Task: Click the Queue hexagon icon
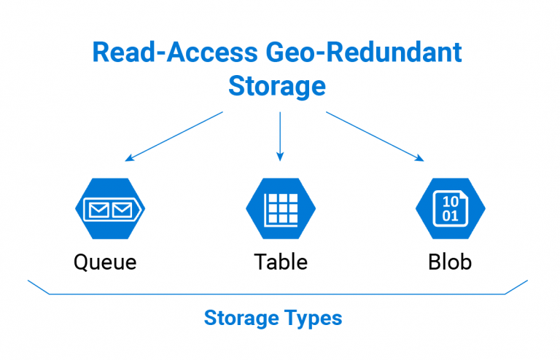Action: (110, 208)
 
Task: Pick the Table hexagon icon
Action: (280, 208)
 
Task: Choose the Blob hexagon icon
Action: (450, 208)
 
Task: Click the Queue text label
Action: (105, 262)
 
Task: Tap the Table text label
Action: (281, 262)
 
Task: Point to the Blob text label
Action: (450, 262)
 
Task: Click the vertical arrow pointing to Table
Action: (280, 135)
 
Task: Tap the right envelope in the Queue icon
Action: (122, 210)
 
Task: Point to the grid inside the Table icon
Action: (281, 209)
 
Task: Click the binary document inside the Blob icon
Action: (451, 208)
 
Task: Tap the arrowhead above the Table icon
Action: (280, 156)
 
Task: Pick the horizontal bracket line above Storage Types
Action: (277, 294)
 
